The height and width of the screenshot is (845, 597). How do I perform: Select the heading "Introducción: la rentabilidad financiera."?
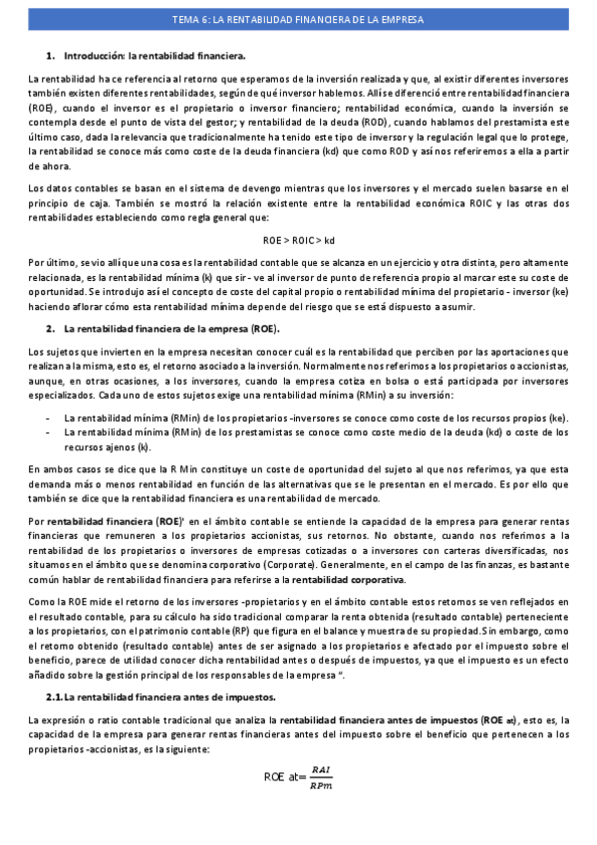(x=154, y=56)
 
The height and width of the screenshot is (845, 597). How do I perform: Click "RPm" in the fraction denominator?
(x=320, y=787)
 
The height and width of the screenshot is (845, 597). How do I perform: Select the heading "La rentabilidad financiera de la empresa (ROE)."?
(x=171, y=328)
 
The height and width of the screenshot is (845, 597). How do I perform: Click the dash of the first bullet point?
(x=48, y=419)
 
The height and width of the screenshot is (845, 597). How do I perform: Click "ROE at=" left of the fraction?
(x=284, y=777)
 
